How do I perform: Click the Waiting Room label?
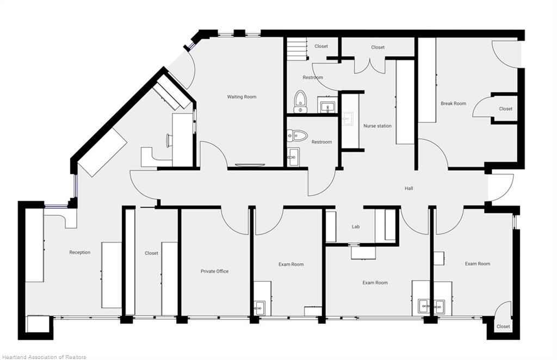click(242, 97)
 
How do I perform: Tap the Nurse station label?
click(377, 126)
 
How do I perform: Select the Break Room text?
click(453, 103)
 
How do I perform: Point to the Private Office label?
click(214, 271)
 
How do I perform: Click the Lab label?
click(356, 227)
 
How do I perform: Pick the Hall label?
click(409, 188)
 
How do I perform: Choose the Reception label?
click(79, 252)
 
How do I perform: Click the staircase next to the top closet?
click(297, 49)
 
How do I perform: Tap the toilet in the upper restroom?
click(300, 102)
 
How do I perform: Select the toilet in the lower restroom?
click(298, 135)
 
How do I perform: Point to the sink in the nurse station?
click(348, 118)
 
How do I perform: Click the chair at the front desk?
click(169, 140)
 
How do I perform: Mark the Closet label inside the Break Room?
click(505, 109)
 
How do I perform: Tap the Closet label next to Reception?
click(151, 253)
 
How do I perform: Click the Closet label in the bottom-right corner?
click(503, 326)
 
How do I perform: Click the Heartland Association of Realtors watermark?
click(44, 357)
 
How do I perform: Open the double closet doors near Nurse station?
click(370, 66)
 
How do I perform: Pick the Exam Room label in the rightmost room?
click(478, 263)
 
